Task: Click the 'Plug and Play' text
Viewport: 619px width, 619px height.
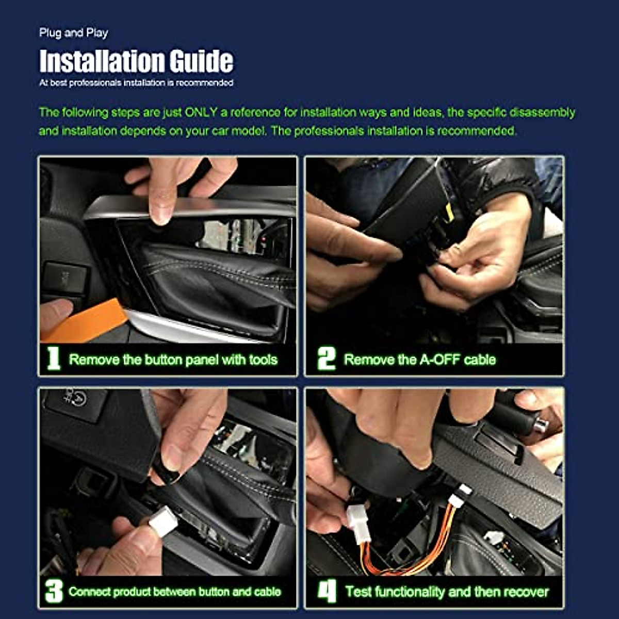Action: (x=73, y=33)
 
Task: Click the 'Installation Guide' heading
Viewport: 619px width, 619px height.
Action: (x=136, y=61)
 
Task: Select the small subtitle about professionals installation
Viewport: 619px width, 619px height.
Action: (x=136, y=83)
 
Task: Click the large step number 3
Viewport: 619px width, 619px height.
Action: (x=54, y=591)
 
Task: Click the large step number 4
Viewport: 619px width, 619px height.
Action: (x=327, y=591)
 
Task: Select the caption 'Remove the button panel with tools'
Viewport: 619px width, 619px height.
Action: (x=173, y=360)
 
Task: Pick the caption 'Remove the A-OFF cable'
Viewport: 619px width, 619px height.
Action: (x=420, y=360)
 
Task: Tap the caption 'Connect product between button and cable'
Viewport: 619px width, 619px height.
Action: (x=175, y=592)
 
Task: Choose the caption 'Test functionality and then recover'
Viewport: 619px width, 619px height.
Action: (x=447, y=592)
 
